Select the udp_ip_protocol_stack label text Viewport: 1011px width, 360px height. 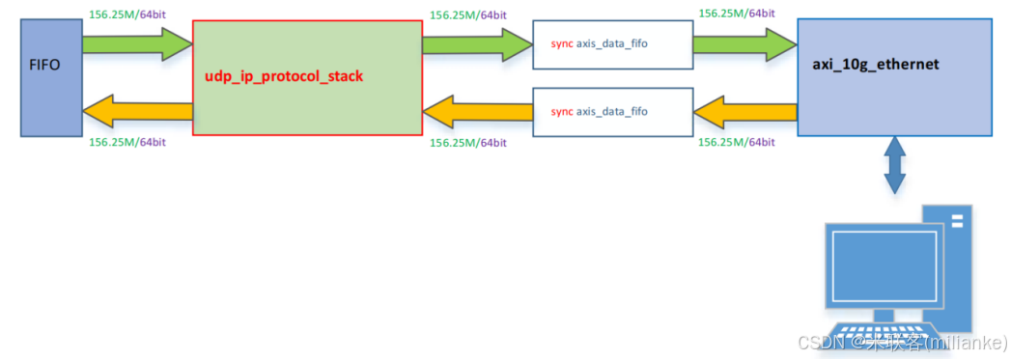click(283, 75)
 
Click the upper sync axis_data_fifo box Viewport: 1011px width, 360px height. click(612, 45)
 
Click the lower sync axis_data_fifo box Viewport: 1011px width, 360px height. click(612, 112)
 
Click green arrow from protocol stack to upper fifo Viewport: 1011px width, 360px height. click(476, 44)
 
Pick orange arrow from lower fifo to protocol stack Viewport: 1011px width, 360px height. click(476, 112)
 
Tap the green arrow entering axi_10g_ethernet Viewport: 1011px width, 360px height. click(744, 44)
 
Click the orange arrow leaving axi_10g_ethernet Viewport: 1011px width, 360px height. click(744, 112)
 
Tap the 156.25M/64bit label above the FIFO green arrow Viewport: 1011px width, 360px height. click(126, 14)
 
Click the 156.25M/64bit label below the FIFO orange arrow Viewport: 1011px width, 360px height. click(126, 142)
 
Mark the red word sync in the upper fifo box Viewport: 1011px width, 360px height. click(561, 45)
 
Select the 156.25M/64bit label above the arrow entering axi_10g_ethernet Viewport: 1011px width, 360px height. click(735, 14)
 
